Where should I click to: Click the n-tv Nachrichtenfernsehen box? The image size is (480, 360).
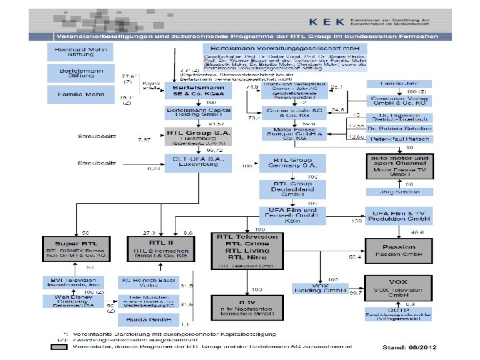(x=242, y=308)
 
